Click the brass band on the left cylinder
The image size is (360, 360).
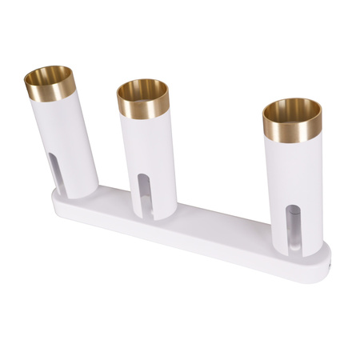50,86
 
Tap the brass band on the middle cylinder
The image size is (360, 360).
144,102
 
